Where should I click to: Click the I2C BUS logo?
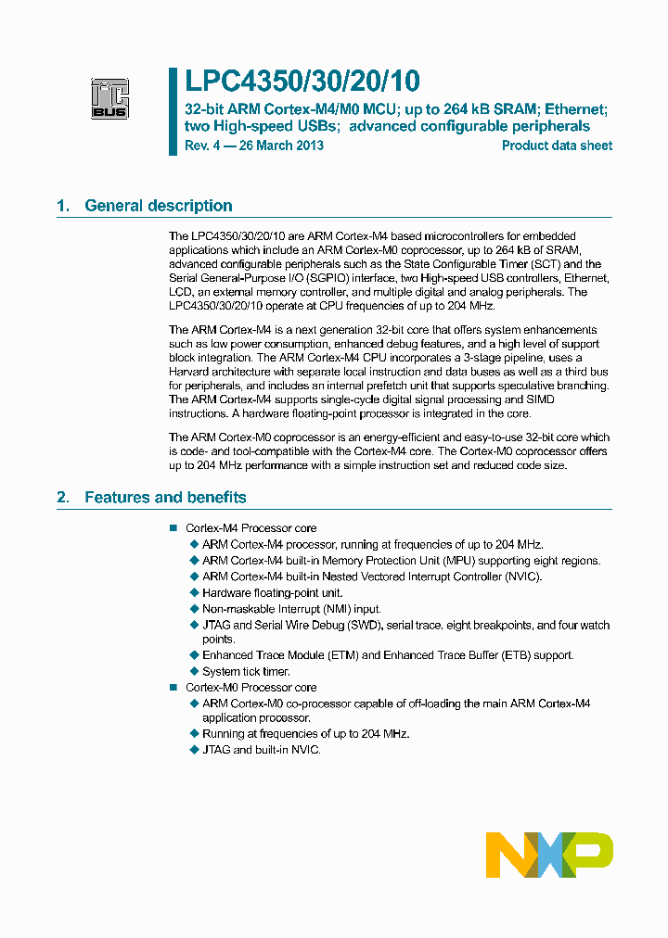coord(109,99)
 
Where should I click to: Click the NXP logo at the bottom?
coord(549,855)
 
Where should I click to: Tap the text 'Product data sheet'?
coord(557,146)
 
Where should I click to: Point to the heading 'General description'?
coord(159,206)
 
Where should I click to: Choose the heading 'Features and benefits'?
coord(165,498)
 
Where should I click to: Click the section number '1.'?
coord(63,206)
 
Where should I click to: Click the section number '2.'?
coord(63,498)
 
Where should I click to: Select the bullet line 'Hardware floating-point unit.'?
coord(272,592)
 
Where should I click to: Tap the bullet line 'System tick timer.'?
coord(246,671)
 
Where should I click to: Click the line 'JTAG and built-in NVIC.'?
coord(262,749)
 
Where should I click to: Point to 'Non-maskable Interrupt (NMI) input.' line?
coord(291,609)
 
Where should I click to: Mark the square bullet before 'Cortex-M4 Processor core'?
coord(173,528)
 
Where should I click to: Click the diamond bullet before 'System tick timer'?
coord(194,671)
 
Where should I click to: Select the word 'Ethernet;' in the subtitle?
coord(581,108)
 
